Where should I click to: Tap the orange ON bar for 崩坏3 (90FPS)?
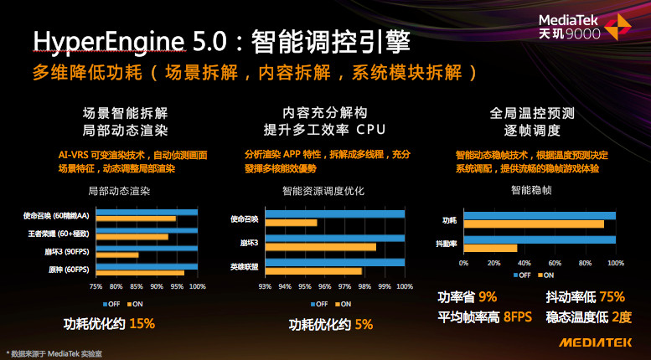(x=117, y=255)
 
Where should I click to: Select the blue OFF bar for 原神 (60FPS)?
(x=147, y=265)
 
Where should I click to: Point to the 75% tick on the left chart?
(x=96, y=286)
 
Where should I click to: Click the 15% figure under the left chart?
(x=142, y=322)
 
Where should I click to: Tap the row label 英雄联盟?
(x=245, y=265)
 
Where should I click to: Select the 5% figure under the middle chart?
(x=364, y=324)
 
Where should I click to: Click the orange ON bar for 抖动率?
(x=491, y=247)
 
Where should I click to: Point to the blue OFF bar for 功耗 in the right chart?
(x=540, y=216)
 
